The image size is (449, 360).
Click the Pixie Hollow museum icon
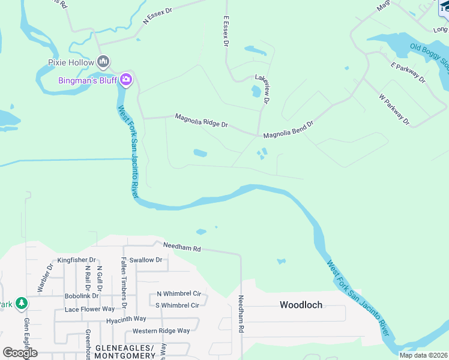(x=103, y=62)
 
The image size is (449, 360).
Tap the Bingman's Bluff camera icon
(x=126, y=79)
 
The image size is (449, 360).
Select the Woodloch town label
(x=301, y=305)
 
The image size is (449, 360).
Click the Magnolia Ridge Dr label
(x=202, y=121)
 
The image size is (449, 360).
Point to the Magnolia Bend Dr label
(x=289, y=130)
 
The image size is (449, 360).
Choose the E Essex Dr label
(x=226, y=32)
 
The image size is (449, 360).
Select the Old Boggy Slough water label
(x=430, y=55)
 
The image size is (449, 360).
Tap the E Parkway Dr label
(x=408, y=72)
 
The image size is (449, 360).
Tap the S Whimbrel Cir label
(x=177, y=305)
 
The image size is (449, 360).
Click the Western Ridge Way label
(x=161, y=331)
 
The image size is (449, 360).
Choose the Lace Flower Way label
(x=89, y=309)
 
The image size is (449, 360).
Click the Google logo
(x=20, y=352)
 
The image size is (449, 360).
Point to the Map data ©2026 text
(x=423, y=355)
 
